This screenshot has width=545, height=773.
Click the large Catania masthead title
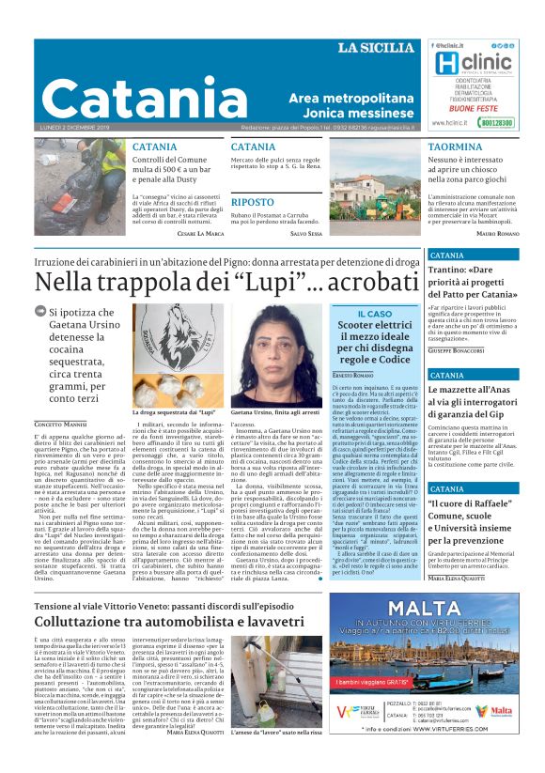(x=141, y=97)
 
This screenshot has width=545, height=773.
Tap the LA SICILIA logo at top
(x=375, y=48)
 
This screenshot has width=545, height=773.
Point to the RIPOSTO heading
(x=252, y=202)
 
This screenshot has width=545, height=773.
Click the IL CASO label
(x=362, y=314)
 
